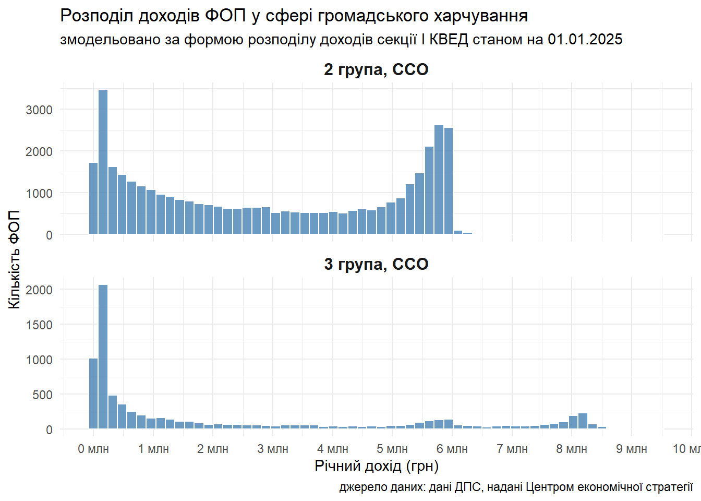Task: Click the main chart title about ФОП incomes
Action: (294, 16)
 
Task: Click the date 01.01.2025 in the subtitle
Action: (585, 40)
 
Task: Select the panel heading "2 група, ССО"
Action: (376, 69)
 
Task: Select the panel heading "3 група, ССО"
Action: (376, 264)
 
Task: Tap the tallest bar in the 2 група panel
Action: (103, 162)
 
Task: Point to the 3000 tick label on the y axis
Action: (40, 110)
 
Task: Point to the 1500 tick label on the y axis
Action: (40, 325)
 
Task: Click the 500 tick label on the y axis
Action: (43, 395)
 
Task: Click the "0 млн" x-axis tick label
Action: (93, 449)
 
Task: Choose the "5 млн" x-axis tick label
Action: (392, 449)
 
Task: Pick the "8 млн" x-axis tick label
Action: (572, 449)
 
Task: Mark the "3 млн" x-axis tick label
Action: (273, 449)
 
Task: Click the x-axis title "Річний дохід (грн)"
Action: (377, 466)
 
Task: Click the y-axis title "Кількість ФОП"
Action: (15, 259)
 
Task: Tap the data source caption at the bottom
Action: (516, 487)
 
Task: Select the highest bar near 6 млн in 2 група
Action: (439, 180)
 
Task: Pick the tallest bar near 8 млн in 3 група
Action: (583, 421)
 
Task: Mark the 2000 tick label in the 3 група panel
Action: (40, 290)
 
